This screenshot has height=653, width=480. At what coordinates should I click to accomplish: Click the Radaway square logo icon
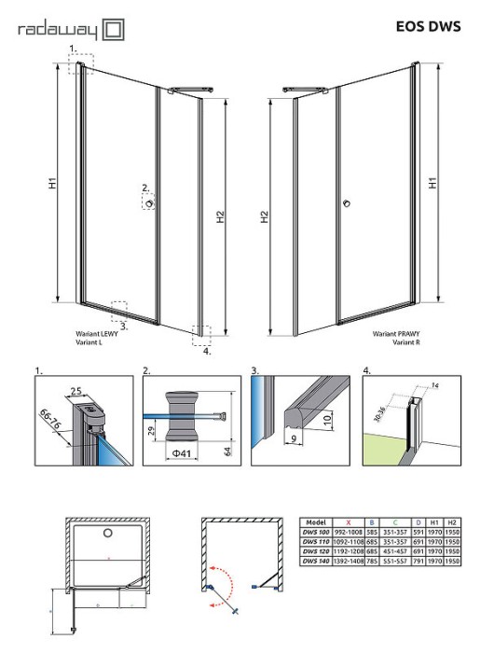[x=113, y=31]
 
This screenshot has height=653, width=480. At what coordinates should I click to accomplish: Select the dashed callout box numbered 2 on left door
[x=150, y=201]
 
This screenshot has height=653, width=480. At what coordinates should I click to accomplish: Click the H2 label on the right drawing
[x=265, y=218]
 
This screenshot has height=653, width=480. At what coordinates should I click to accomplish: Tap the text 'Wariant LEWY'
[x=95, y=333]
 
